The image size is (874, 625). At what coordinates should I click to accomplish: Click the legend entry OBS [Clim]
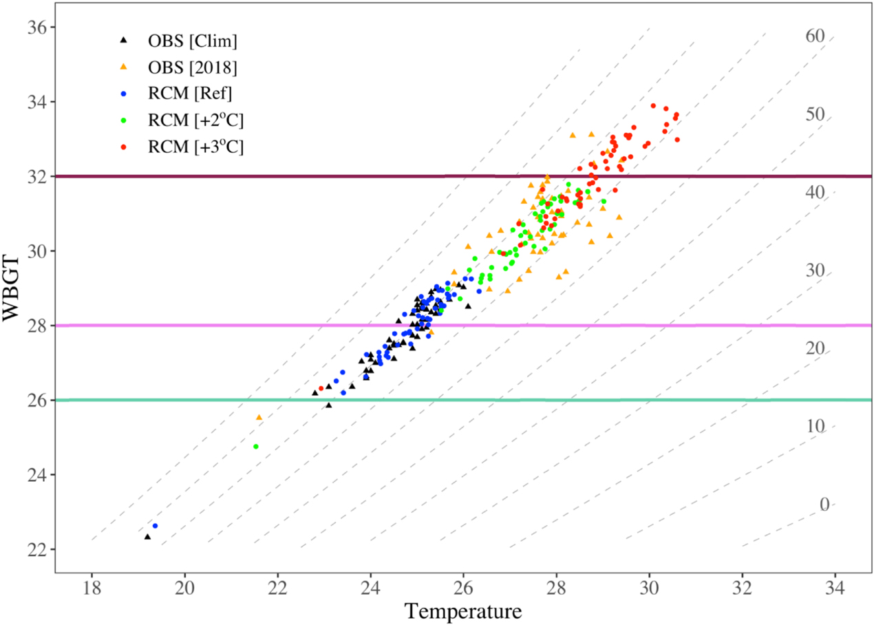(x=192, y=41)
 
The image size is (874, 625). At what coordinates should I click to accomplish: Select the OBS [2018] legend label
(x=193, y=67)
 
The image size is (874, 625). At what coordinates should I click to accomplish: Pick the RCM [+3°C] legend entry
(x=195, y=146)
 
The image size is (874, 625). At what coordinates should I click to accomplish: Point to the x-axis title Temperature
(x=463, y=610)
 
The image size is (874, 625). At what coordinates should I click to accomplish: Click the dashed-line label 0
(x=824, y=505)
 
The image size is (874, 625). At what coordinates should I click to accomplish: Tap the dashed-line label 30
(x=815, y=271)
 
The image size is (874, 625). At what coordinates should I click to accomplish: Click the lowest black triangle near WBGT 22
(x=147, y=536)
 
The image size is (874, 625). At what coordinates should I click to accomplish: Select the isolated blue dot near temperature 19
(x=155, y=526)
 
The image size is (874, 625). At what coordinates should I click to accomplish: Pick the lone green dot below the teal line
(x=256, y=447)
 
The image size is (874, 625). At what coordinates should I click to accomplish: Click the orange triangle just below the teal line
(x=259, y=417)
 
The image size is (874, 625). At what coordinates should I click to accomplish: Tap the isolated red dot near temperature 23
(x=321, y=389)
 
